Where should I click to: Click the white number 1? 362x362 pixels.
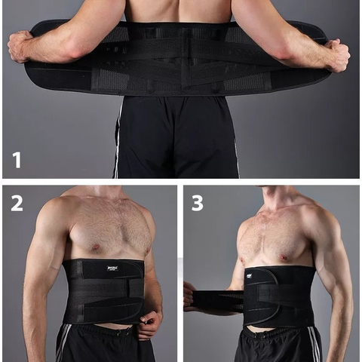(17, 159)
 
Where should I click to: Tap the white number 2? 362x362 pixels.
(17, 203)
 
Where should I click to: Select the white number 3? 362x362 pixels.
(198, 203)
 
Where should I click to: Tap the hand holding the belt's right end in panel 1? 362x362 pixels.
(336, 54)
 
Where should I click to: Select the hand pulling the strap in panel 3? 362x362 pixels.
(189, 295)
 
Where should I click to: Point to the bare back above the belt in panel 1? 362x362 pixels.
(178, 11)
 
